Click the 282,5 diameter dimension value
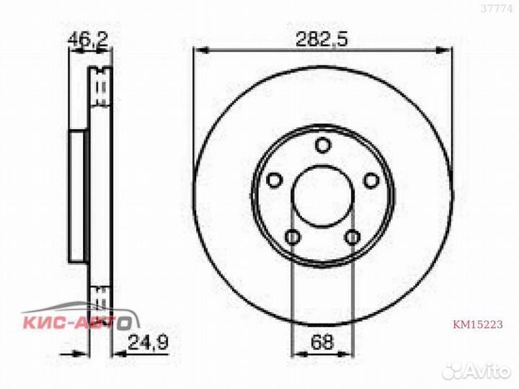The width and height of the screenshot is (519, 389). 322,40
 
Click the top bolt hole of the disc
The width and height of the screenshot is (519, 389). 323,146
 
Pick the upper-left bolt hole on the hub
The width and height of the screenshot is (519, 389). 273,180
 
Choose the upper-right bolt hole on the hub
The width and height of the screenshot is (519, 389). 371,180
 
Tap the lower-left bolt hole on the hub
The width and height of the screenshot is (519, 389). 292,236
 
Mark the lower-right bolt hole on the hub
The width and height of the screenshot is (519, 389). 352,236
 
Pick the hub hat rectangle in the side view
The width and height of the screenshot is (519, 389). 78,196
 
